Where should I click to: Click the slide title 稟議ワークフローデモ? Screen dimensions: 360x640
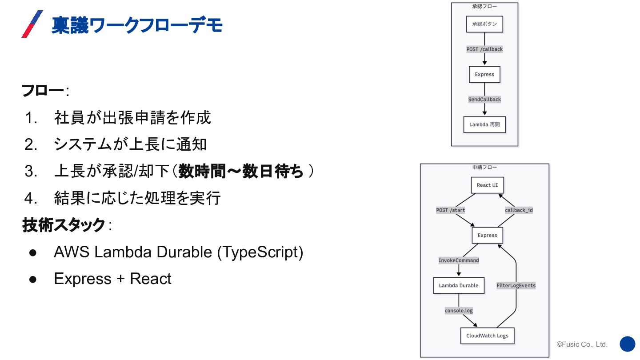click(137, 25)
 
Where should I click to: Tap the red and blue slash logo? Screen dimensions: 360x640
click(32, 24)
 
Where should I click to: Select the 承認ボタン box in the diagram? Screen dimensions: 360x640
click(484, 24)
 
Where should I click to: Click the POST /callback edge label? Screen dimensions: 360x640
click(484, 49)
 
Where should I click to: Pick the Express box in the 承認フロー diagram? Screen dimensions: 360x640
click(484, 74)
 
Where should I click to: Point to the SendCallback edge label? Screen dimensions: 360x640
click(484, 100)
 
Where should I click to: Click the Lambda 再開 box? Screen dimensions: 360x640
click(484, 124)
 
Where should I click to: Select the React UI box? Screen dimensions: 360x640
click(487, 185)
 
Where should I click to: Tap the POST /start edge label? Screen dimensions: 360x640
click(450, 210)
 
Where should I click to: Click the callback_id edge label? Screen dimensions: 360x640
click(519, 210)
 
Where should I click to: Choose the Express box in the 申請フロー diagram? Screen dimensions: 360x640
click(487, 235)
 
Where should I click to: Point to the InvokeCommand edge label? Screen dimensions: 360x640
click(459, 260)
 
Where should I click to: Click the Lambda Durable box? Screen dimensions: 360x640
click(459, 285)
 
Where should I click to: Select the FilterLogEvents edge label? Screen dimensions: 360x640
click(516, 285)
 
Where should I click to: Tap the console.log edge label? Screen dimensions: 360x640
click(459, 311)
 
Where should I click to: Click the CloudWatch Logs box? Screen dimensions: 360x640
click(487, 336)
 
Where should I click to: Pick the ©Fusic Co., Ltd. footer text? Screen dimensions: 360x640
click(582, 344)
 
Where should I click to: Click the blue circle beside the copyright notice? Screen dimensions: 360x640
click(628, 344)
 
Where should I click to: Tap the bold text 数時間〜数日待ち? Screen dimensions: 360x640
click(241, 171)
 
